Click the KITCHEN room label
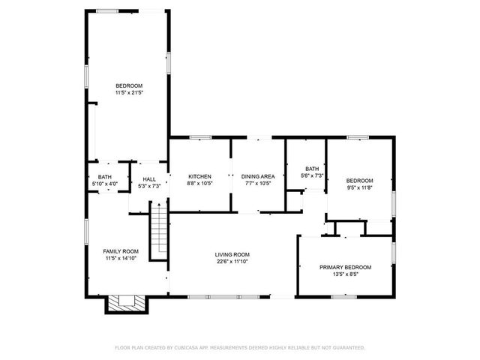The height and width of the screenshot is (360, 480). click(x=199, y=176)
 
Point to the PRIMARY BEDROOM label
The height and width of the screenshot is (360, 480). click(x=345, y=267)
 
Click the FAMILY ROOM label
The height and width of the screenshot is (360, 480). click(x=121, y=250)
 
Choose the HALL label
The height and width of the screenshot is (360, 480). click(x=149, y=179)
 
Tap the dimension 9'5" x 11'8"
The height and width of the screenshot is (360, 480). click(x=359, y=187)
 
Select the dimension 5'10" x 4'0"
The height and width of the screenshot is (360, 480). click(x=104, y=184)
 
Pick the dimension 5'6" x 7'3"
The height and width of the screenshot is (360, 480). click(x=313, y=175)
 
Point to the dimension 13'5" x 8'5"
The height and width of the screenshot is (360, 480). click(x=345, y=274)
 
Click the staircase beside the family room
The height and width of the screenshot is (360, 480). click(x=158, y=233)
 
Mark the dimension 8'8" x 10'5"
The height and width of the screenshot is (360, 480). click(x=199, y=184)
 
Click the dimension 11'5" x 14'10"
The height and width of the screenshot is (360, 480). click(x=121, y=258)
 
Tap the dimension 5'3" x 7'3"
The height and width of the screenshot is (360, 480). click(x=149, y=186)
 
